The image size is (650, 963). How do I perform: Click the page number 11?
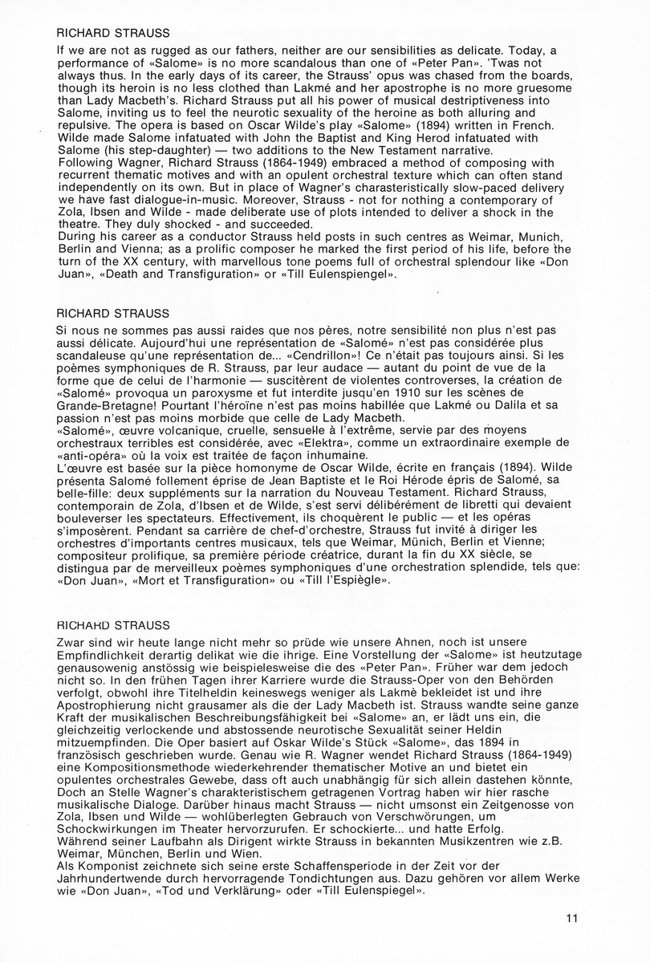571,919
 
